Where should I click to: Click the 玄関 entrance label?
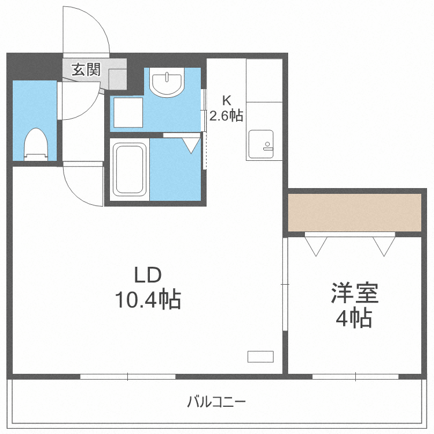point(86,70)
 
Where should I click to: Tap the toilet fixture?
point(36,145)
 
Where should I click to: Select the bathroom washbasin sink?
point(167,83)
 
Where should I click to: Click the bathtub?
point(129,169)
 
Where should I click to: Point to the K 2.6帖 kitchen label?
point(225,108)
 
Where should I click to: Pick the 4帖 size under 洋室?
point(354,318)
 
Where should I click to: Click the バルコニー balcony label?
point(216,400)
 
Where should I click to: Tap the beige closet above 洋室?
point(355,212)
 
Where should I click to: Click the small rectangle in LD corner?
point(260,356)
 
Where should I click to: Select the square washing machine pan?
point(127,112)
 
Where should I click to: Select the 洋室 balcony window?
point(355,376)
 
